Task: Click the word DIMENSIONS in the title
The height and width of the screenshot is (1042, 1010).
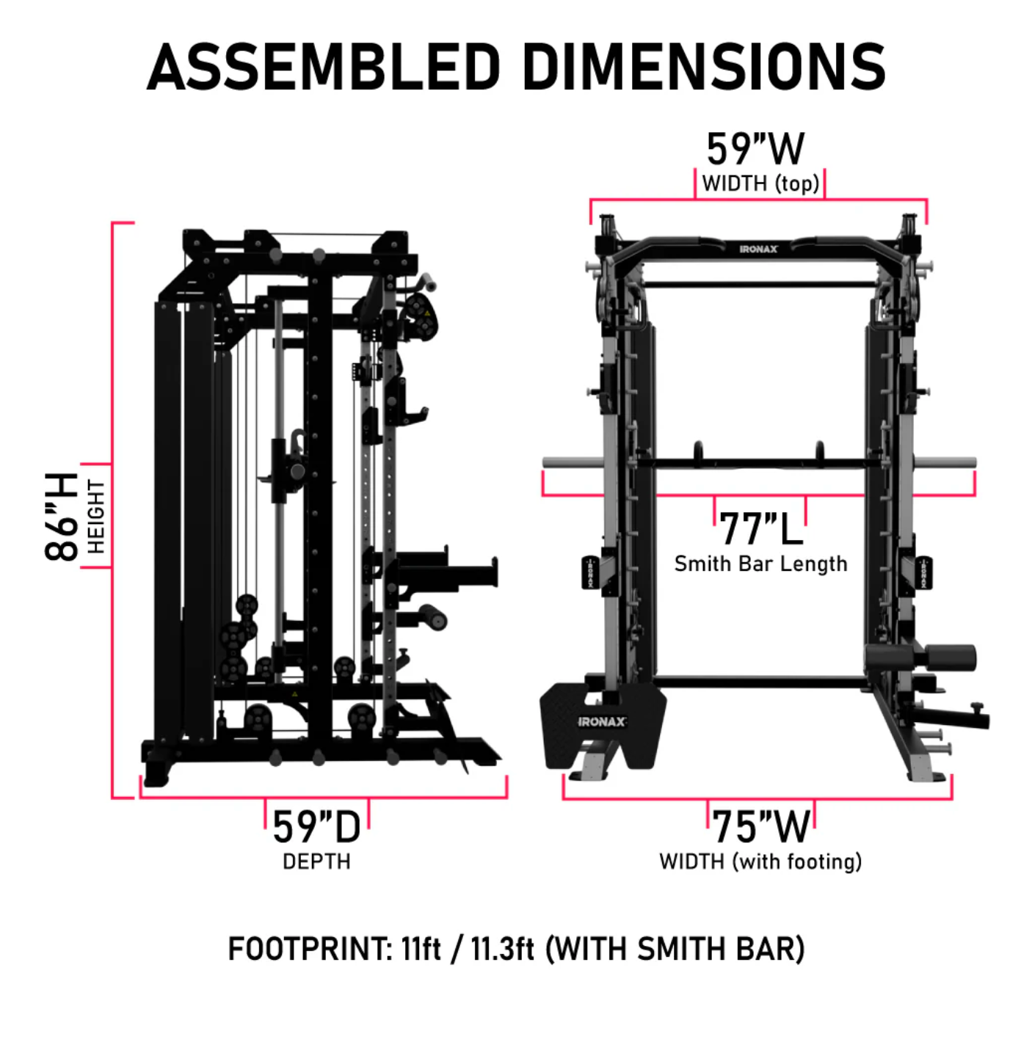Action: pyautogui.click(x=704, y=68)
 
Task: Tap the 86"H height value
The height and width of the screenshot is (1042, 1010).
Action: pyautogui.click(x=61, y=517)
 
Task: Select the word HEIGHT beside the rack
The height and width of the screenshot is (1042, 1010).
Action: pyautogui.click(x=96, y=517)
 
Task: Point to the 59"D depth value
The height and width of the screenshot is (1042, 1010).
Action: pyautogui.click(x=316, y=827)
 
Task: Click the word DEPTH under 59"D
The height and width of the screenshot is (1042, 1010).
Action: pyautogui.click(x=316, y=861)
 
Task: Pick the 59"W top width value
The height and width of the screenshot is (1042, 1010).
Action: pyautogui.click(x=755, y=149)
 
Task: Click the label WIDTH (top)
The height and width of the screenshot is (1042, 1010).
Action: pyautogui.click(x=760, y=183)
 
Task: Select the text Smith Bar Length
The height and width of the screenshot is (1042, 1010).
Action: pyautogui.click(x=761, y=564)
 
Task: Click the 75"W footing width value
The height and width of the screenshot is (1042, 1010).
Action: pyautogui.click(x=761, y=827)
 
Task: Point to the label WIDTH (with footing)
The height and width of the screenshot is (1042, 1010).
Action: pyautogui.click(x=761, y=861)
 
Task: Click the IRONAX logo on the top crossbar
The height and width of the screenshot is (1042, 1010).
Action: pyautogui.click(x=758, y=249)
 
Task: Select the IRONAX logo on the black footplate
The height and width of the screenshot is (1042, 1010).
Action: pyautogui.click(x=602, y=722)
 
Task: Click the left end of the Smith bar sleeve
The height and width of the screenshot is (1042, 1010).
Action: pyautogui.click(x=544, y=462)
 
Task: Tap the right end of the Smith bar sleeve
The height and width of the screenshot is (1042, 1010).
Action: pyautogui.click(x=976, y=462)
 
